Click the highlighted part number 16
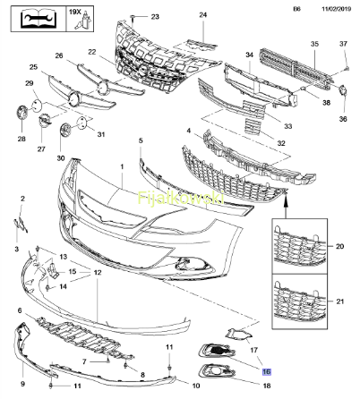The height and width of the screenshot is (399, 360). (x=266, y=371)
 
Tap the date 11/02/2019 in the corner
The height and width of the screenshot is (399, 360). (x=336, y=9)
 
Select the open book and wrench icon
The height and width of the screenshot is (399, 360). (x=39, y=19)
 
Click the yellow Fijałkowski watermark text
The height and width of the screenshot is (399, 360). (x=181, y=198)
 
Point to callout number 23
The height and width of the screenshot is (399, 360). (x=155, y=16)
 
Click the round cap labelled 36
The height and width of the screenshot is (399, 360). (x=342, y=90)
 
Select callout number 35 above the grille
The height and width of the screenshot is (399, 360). (x=314, y=44)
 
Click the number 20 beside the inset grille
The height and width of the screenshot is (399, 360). (x=339, y=246)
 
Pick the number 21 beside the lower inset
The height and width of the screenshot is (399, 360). (x=339, y=301)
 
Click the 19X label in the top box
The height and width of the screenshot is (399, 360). (x=75, y=12)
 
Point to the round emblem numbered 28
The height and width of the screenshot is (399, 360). (x=21, y=114)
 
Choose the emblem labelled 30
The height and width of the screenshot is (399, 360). (x=64, y=131)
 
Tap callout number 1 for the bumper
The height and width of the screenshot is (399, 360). (x=122, y=167)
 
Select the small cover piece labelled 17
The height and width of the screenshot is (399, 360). (x=239, y=335)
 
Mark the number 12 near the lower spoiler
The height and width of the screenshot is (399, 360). (x=98, y=273)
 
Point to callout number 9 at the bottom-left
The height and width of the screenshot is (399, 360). (x=22, y=384)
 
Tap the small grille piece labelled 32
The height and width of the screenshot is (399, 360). (x=253, y=127)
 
